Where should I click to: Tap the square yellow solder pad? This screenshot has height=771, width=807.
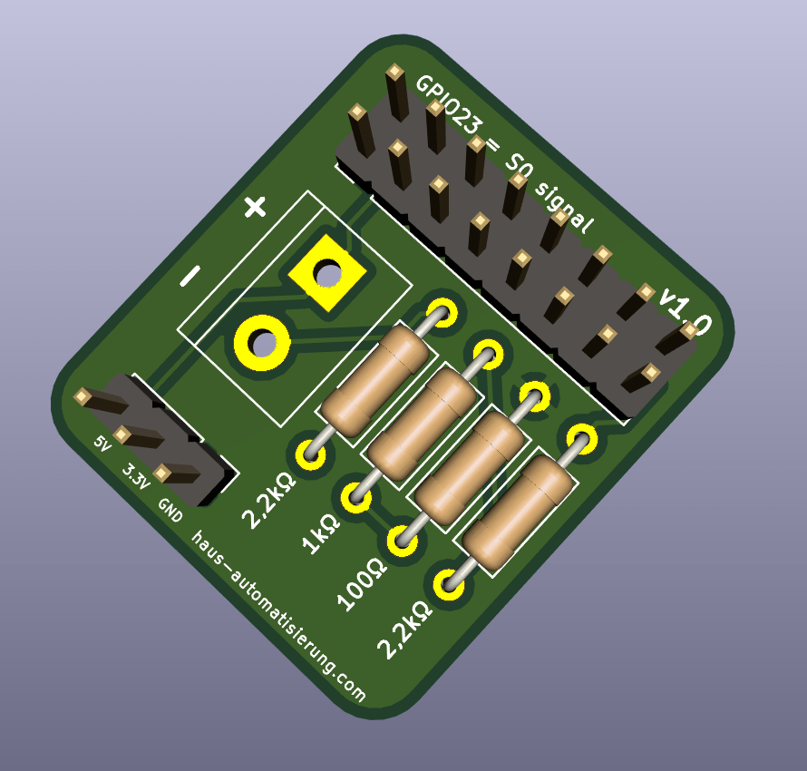click(x=326, y=273)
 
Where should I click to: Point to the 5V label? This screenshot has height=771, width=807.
click(x=102, y=444)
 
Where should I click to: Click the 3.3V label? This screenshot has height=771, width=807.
click(x=135, y=475)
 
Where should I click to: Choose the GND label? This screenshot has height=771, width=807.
click(x=170, y=511)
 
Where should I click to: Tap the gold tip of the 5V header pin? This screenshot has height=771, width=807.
click(x=83, y=396)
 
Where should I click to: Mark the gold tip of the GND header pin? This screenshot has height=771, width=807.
click(x=162, y=473)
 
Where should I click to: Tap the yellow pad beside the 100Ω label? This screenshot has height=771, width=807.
click(x=403, y=541)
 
